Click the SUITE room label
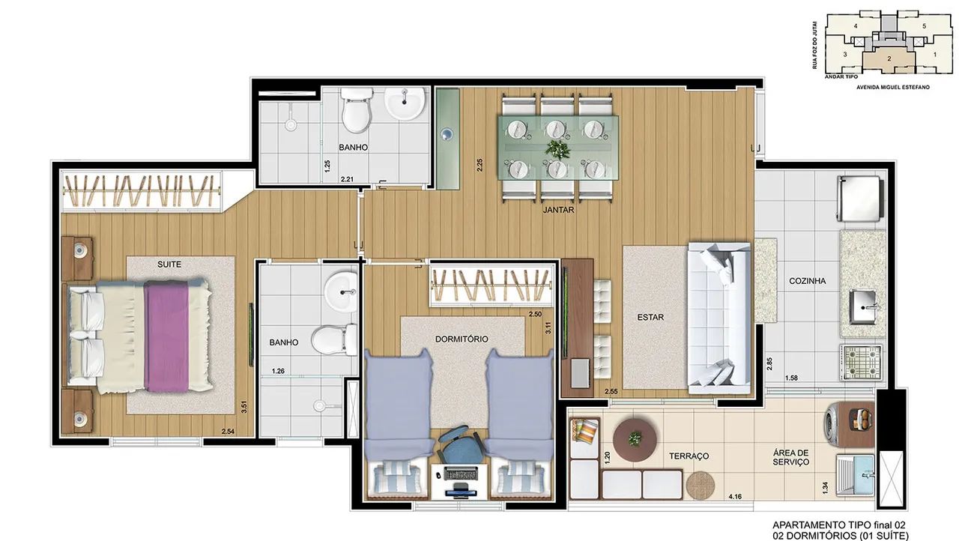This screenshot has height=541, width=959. point(169,265)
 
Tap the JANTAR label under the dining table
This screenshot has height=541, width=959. point(558,210)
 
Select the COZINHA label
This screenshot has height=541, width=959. point(808,281)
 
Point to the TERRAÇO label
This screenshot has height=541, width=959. point(689,456)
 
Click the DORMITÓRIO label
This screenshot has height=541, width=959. point(462,339)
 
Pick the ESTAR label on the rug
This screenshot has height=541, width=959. point(650,317)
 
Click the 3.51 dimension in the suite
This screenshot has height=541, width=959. point(243,407)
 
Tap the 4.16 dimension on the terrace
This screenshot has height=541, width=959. point(735,497)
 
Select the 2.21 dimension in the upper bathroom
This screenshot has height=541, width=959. point(347,179)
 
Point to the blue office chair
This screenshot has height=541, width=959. point(462,447)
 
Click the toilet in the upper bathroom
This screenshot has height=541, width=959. point(357,110)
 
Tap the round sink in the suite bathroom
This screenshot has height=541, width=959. point(341,293)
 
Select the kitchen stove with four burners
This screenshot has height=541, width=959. point(861,363)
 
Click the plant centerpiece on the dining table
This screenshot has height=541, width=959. point(557,149)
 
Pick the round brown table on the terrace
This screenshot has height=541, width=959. point(635,440)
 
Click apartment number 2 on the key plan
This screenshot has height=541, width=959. point(889,58)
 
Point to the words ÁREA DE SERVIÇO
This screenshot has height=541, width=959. point(790,458)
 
